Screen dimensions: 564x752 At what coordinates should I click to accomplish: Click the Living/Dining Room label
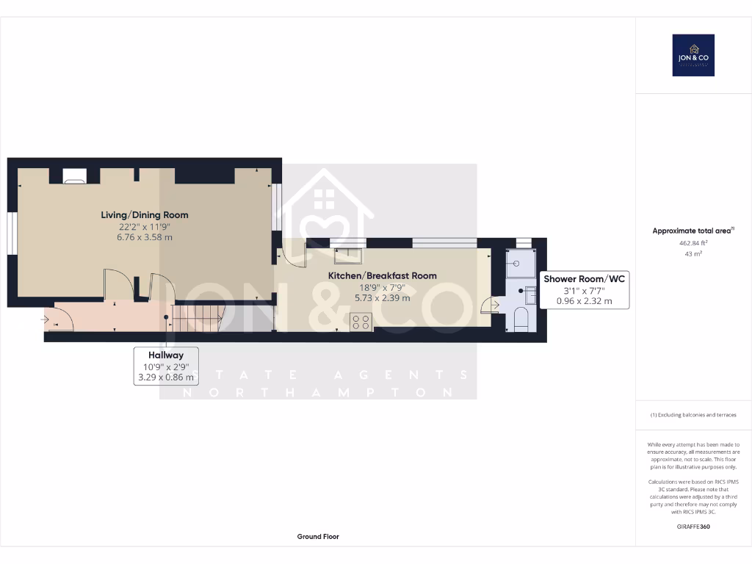(145, 215)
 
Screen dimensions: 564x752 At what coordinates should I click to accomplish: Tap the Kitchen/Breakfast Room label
(382, 276)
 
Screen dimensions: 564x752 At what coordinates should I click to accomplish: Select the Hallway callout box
(165, 366)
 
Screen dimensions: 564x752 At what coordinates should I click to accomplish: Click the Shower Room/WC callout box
(585, 289)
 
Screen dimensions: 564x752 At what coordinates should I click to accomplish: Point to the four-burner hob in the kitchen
(361, 321)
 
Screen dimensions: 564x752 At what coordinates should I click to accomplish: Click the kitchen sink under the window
(346, 256)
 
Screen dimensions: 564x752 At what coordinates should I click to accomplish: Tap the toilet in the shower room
(521, 318)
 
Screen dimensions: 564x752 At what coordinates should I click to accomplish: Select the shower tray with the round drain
(521, 264)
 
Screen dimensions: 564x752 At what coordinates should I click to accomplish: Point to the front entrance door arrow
(46, 319)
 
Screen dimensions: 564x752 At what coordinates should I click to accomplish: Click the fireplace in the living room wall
(74, 176)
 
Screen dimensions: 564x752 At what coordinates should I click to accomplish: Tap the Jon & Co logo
(693, 55)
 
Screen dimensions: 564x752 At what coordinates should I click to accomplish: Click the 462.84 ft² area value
(693, 242)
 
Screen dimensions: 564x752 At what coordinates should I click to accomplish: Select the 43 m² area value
(693, 254)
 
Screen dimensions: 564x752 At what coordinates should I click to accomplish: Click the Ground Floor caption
(318, 537)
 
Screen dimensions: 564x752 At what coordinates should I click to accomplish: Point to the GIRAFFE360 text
(693, 527)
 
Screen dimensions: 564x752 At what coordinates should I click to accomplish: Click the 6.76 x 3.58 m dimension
(145, 237)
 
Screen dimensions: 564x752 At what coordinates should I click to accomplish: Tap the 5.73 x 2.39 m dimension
(382, 298)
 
